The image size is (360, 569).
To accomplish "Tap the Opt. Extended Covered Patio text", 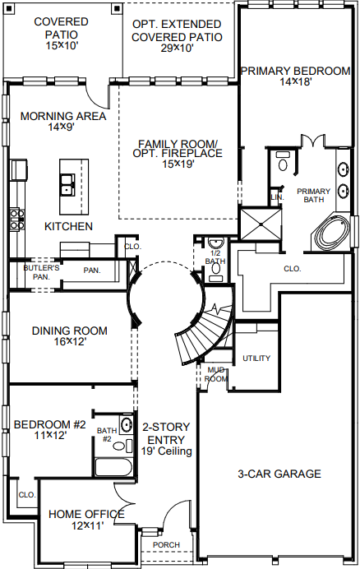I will point(176,30).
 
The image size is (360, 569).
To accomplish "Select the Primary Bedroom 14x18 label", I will point(295,76).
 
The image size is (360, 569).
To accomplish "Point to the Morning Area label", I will point(63,122).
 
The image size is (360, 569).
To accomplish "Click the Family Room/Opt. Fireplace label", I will point(177,153).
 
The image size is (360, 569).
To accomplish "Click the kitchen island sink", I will point(66,192).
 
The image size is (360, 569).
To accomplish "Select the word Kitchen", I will point(68,226).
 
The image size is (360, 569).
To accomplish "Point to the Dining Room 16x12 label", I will point(70,336).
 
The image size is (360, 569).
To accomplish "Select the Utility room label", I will point(256,359).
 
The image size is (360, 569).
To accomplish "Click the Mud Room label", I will point(216,374).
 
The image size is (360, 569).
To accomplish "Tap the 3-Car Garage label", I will point(279,474).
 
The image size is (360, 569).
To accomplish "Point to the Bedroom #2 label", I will point(49,430).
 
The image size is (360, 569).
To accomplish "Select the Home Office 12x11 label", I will point(86,520).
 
